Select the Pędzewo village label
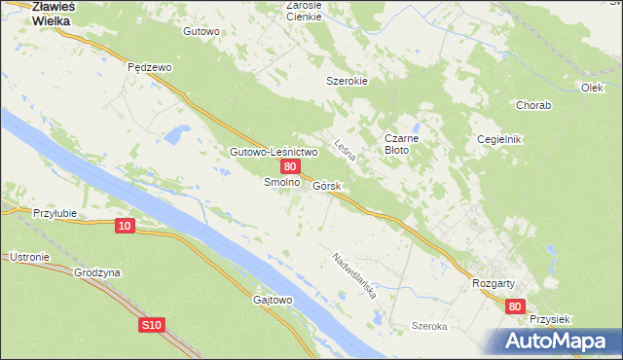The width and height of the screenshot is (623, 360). click(150, 67)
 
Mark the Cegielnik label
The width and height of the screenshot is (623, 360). click(499, 139)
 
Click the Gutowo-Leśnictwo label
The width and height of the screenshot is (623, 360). click(260, 153)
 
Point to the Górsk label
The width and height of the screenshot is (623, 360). click(326, 185)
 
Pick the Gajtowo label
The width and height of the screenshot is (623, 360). click(273, 300)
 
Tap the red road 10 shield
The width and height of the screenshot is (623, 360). click(124, 226)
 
